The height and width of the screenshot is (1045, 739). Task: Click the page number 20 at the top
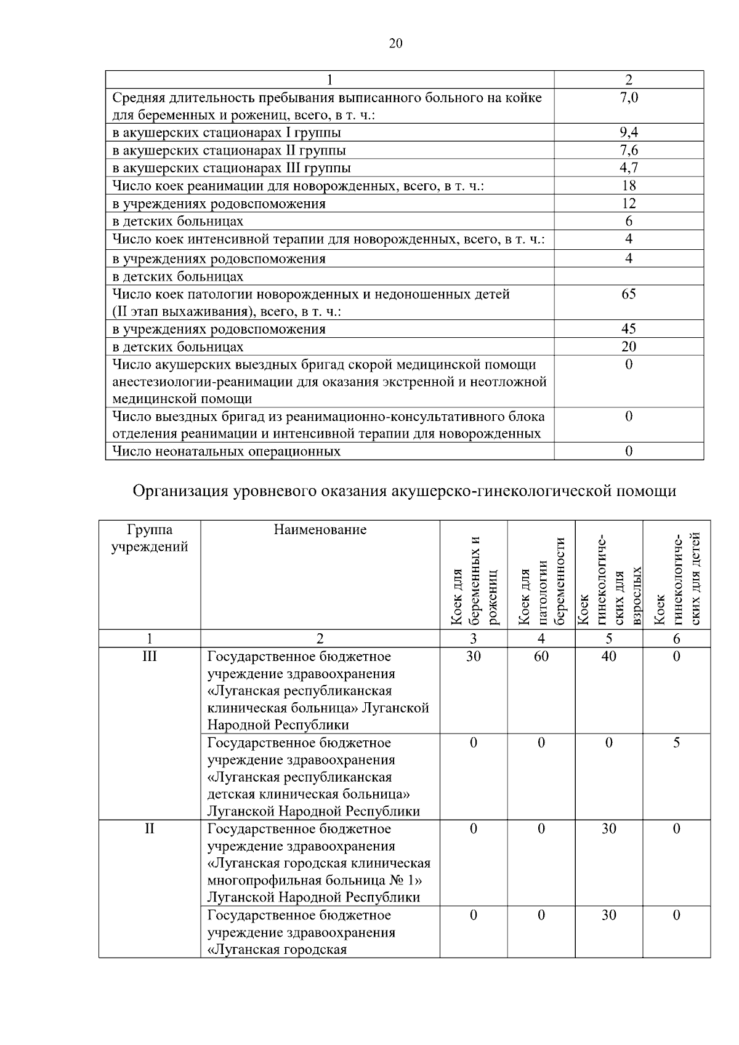tap(396, 43)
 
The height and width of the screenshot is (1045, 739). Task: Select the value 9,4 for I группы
tap(628, 132)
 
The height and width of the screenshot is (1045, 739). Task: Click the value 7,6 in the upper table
tap(628, 150)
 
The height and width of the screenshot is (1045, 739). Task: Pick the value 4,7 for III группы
tap(628, 168)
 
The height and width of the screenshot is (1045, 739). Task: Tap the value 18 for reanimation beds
tap(628, 186)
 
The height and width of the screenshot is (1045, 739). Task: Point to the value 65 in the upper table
tap(628, 294)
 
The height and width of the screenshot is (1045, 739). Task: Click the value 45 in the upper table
tap(628, 329)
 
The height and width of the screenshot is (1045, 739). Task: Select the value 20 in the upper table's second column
tap(628, 346)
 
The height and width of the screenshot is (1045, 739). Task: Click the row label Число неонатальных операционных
tap(226, 452)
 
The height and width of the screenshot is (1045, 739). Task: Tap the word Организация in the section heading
tap(180, 491)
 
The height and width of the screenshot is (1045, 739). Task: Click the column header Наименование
tap(320, 530)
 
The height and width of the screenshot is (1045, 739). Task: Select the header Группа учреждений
tap(149, 539)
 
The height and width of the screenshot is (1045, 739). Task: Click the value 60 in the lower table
tap(541, 657)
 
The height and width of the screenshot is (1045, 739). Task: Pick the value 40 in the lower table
tap(608, 657)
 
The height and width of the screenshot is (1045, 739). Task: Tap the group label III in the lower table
tap(149, 657)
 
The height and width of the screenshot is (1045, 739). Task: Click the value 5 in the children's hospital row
tap(676, 743)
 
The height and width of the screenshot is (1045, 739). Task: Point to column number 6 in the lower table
tap(676, 639)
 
